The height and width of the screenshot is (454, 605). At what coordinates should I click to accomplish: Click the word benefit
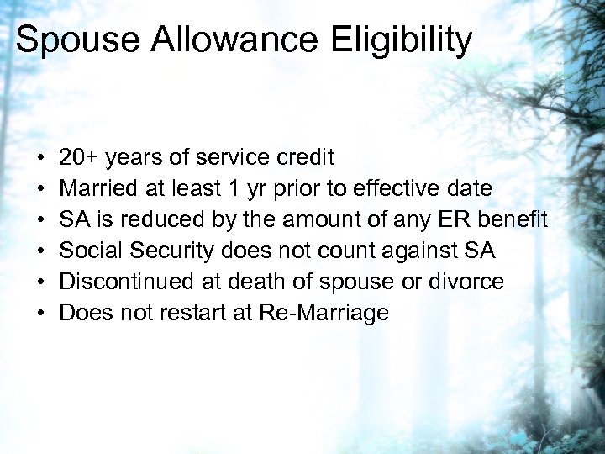point(516,220)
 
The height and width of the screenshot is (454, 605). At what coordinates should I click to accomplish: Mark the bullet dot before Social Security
point(41,251)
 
